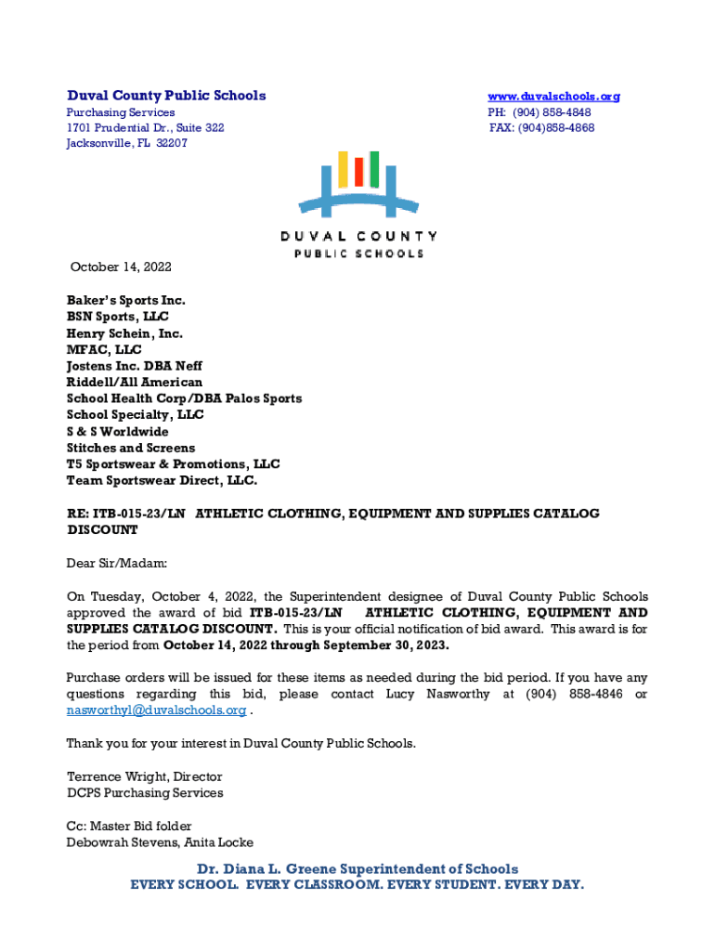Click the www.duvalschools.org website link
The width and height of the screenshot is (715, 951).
[x=554, y=96]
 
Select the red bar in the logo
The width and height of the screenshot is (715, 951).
[x=357, y=172]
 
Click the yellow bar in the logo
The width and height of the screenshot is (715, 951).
[x=342, y=168]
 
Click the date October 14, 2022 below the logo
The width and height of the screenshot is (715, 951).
[x=122, y=267]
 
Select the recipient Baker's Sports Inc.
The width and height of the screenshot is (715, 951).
[x=125, y=300]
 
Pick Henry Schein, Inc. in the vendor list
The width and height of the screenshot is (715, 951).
[x=124, y=333]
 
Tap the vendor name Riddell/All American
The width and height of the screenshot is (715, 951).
[x=134, y=382]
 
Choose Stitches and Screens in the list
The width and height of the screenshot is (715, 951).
[x=131, y=448]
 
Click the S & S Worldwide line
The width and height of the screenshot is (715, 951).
[x=117, y=432]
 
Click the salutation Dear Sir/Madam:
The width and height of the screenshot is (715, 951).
[x=116, y=563]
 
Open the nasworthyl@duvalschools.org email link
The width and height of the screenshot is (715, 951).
[x=156, y=710]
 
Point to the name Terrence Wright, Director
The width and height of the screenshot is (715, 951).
[x=144, y=776]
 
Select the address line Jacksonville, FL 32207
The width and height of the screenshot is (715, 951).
[x=126, y=143]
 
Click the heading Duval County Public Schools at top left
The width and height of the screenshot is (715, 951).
[x=166, y=96]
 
